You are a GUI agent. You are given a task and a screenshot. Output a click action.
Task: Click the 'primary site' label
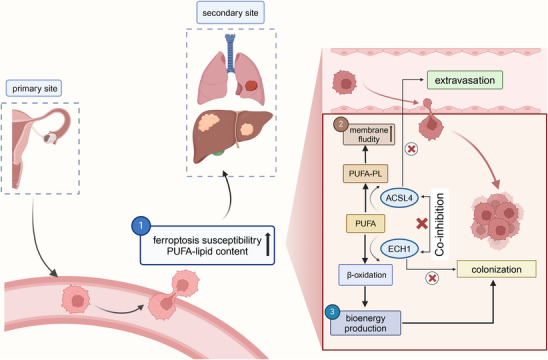point(34,88)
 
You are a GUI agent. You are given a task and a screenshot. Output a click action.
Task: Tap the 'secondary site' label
point(230,13)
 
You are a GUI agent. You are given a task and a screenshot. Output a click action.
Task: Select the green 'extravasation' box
point(464,80)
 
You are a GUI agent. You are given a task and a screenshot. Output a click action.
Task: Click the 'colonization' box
point(496,269)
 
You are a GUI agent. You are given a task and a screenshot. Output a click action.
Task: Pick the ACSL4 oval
point(399,198)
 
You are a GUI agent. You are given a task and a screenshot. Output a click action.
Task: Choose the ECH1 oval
point(399,249)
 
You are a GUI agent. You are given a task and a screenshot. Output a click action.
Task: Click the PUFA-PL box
point(366,173)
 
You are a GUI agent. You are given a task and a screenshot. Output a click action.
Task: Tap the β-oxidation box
point(366,275)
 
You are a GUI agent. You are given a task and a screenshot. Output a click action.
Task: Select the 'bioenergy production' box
point(366,323)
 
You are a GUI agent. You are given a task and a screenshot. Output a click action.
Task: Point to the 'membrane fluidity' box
point(369,135)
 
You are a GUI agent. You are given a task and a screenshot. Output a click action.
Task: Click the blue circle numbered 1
point(141,226)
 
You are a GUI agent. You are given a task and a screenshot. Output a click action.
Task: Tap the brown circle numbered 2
point(341,124)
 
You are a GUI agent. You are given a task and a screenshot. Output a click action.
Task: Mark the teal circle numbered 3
point(332,312)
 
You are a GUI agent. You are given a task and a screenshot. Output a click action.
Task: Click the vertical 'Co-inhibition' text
point(440,225)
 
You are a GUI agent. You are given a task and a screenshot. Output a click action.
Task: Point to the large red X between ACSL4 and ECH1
point(422,224)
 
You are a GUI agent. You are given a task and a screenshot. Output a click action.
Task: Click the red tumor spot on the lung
point(251,86)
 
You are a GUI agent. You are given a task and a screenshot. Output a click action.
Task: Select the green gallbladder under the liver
point(218,152)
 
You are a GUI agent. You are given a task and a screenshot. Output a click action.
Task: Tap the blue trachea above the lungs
point(230,52)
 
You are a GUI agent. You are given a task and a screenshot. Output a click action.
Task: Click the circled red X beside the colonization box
point(432,278)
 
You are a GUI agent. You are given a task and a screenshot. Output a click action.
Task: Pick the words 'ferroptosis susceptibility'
point(207,240)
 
